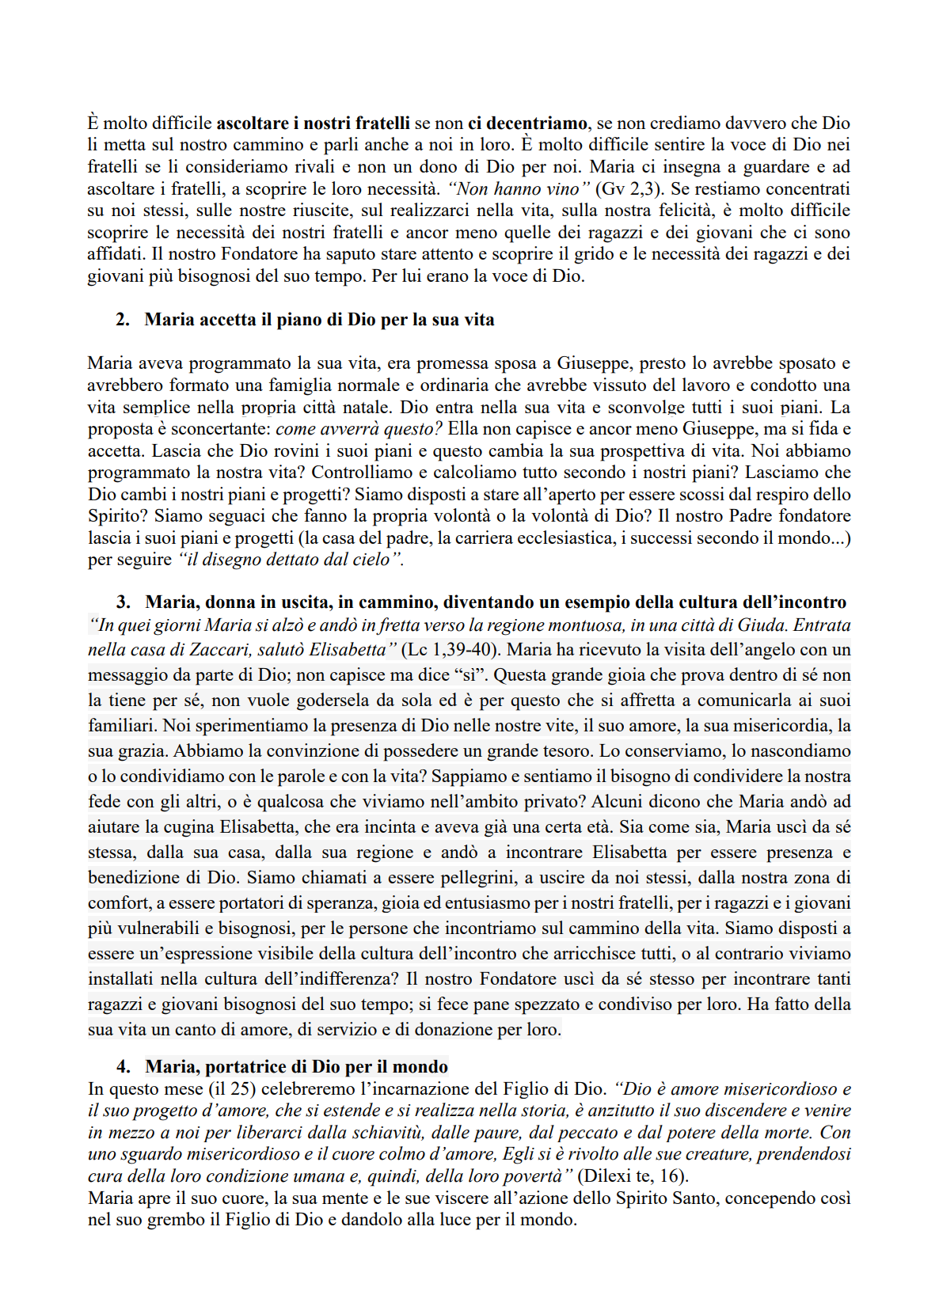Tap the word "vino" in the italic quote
(568, 189)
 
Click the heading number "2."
(123, 320)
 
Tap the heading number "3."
(124, 602)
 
